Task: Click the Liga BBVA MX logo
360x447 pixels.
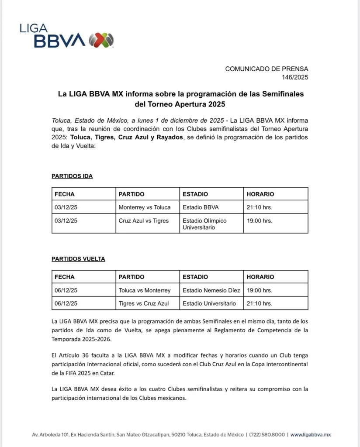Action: pos(66,35)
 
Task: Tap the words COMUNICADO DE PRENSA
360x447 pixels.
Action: pos(267,69)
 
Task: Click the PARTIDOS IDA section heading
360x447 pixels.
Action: pos(72,176)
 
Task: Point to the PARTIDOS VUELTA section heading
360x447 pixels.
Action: pos(78,259)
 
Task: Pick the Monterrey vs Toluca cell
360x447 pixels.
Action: pos(145,207)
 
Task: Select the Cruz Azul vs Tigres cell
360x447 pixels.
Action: pos(143,221)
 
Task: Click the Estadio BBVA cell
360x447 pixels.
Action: pos(201,207)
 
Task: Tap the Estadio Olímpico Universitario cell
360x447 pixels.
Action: pos(204,224)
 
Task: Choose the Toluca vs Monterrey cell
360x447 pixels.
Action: pos(145,290)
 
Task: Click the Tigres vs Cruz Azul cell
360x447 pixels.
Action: pos(143,303)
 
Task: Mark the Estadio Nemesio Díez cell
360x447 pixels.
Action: pos(211,290)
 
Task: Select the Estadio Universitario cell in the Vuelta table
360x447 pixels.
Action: pos(209,303)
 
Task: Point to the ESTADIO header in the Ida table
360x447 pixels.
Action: pos(195,194)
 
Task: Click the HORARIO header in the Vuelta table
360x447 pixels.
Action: pos(260,277)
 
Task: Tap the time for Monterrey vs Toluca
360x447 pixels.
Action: pos(260,207)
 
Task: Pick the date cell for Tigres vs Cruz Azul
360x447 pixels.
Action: pos(66,303)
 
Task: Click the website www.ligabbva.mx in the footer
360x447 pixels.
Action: pos(311,435)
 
